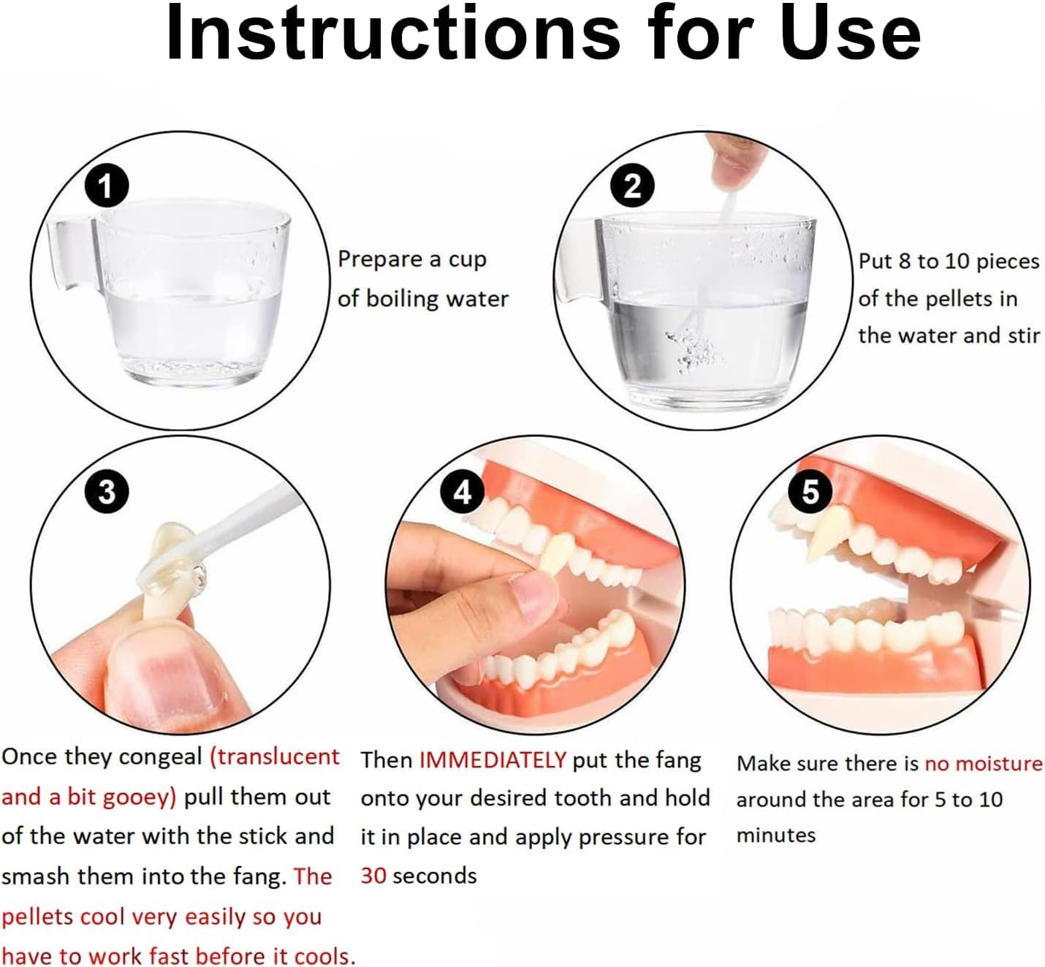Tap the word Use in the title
851,33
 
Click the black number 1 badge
107,186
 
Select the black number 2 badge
632,186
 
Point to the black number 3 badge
107,492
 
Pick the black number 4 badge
463,492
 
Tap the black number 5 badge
810,491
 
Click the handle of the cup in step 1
71,253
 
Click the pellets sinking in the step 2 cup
693,346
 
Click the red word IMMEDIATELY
492,760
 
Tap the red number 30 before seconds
373,876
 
